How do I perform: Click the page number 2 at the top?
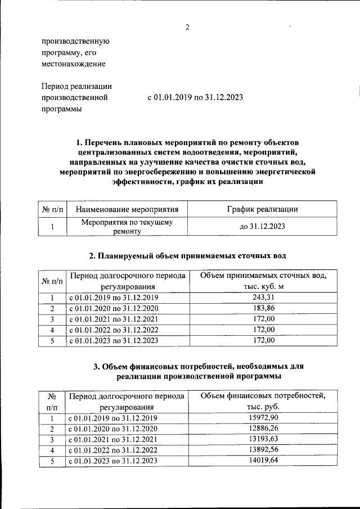[188, 28]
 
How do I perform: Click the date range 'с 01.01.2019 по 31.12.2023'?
[195, 97]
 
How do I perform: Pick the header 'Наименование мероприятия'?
[127, 209]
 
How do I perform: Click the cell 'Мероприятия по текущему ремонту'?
[127, 227]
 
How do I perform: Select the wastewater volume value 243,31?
[263, 297]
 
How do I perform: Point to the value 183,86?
[263, 308]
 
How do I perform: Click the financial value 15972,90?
[263, 417]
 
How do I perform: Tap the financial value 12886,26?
[263, 428]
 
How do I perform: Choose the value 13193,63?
[263, 439]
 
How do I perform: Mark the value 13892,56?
[263, 450]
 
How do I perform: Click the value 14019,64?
[263, 461]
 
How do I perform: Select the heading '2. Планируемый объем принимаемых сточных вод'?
[188, 256]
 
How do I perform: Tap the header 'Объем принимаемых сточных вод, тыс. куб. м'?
[263, 281]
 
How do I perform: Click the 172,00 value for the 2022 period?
[263, 330]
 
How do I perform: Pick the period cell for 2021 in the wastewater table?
[113, 319]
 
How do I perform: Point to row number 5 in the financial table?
[51, 461]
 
